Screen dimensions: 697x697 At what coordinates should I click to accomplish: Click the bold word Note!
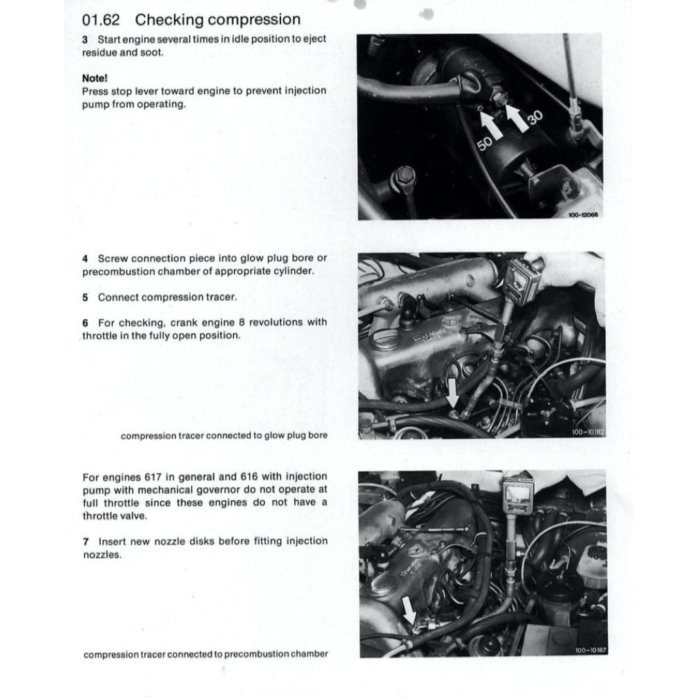pos(95,78)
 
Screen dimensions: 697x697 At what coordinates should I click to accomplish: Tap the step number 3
pos(85,39)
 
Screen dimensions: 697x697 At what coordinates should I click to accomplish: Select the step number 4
pos(85,258)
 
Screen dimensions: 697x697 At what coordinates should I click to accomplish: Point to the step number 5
pos(85,297)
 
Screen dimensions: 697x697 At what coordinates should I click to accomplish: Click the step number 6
pos(85,323)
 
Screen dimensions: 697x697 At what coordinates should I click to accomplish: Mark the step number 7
pos(85,542)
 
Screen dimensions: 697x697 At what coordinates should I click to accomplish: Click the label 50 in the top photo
pos(485,144)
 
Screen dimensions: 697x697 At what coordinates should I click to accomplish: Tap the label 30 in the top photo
pos(535,120)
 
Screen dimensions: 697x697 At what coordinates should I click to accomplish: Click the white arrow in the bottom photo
pos(410,609)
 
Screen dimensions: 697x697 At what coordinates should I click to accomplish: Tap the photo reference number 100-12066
pos(583,216)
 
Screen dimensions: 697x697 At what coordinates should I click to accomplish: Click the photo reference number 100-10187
pos(589,650)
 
